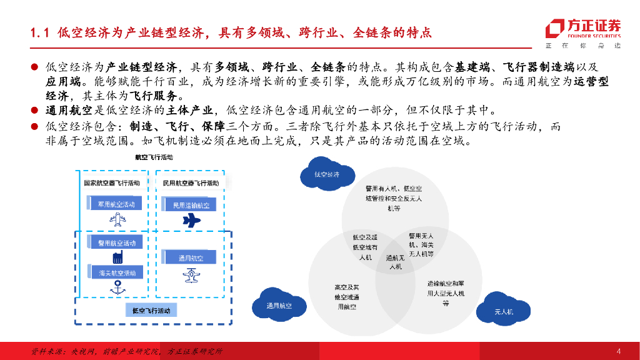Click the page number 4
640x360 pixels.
tap(618, 350)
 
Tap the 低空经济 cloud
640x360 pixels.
tap(326, 174)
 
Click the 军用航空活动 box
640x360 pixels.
tap(116, 204)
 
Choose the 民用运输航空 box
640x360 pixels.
tap(191, 205)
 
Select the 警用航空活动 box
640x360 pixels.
tap(116, 242)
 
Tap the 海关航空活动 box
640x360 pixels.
tap(116, 273)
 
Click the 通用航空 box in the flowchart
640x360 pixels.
tap(191, 257)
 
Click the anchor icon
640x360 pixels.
tap(116, 287)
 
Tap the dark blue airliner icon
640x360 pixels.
tap(191, 220)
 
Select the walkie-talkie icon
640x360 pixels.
tap(116, 257)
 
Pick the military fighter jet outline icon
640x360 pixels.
tap(116, 219)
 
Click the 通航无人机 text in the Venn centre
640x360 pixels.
tap(394, 262)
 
